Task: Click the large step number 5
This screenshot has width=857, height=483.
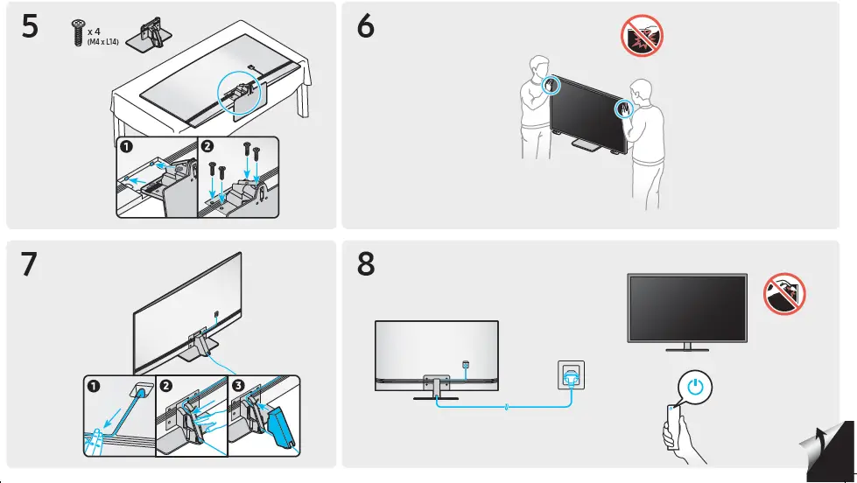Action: [x=30, y=28]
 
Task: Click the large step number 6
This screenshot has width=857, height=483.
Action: [x=366, y=28]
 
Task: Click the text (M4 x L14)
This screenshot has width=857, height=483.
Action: [x=103, y=41]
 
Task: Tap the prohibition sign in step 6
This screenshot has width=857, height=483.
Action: [x=642, y=37]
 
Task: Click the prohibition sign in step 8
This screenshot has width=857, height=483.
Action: [x=785, y=293]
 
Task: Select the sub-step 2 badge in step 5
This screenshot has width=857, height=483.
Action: [x=207, y=146]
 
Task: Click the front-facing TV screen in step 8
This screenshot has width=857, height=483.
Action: [x=687, y=306]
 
